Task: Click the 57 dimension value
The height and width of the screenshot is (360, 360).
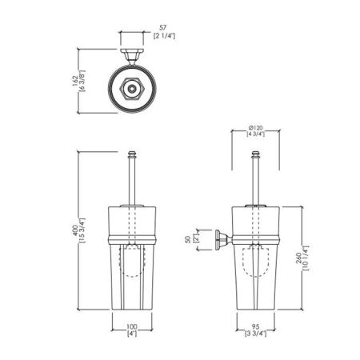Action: pyautogui.click(x=162, y=27)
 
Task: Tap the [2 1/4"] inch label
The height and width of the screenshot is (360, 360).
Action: pyautogui.click(x=164, y=36)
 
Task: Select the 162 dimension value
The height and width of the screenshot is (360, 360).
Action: pyautogui.click(x=75, y=81)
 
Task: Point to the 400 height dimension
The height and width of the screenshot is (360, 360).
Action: pyautogui.click(x=75, y=230)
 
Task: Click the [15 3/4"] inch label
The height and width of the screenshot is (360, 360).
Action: pyautogui.click(x=82, y=230)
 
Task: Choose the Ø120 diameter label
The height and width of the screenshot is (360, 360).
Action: pyautogui.click(x=255, y=128)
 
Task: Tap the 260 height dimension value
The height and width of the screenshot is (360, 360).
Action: pyautogui.click(x=298, y=258)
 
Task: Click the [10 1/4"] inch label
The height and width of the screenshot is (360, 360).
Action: pyautogui.click(x=306, y=258)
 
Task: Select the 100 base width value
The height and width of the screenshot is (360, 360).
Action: pyautogui.click(x=132, y=326)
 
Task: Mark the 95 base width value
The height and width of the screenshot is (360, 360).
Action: pyautogui.click(x=255, y=326)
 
